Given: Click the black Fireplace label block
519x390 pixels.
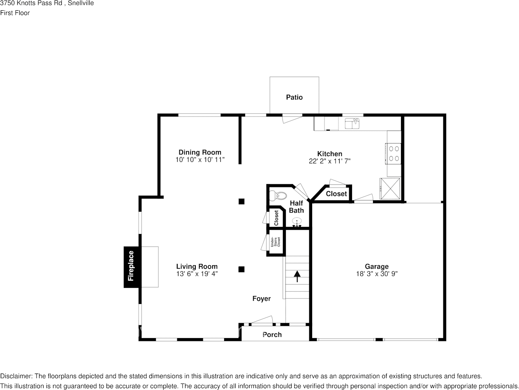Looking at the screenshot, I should pos(131,266).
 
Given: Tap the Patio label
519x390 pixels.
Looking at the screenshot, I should pos(294,97).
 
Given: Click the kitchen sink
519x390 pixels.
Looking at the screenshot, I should pos(352,123).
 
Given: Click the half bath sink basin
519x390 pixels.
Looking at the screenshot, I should pos(297,223).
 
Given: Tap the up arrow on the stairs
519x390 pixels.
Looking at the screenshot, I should pos(297,276).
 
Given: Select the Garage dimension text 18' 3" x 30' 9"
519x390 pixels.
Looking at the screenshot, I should pos(377,274).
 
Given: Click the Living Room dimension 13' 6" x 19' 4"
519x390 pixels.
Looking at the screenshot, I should pos(197,274).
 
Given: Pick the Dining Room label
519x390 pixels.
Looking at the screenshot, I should pos(200,152).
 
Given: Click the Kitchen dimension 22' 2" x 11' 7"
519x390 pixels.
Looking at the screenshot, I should pos(330,161).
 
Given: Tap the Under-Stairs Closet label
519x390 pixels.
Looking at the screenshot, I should pos(275,242).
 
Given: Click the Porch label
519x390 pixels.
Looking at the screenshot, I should pos(272,334).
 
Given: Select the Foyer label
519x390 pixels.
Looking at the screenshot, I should pos(262,299).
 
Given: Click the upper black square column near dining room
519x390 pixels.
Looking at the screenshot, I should pos(242,201).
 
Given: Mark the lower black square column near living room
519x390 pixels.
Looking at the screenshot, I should pos(242,269).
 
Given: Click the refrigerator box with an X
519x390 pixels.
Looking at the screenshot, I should pos(390,189).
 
